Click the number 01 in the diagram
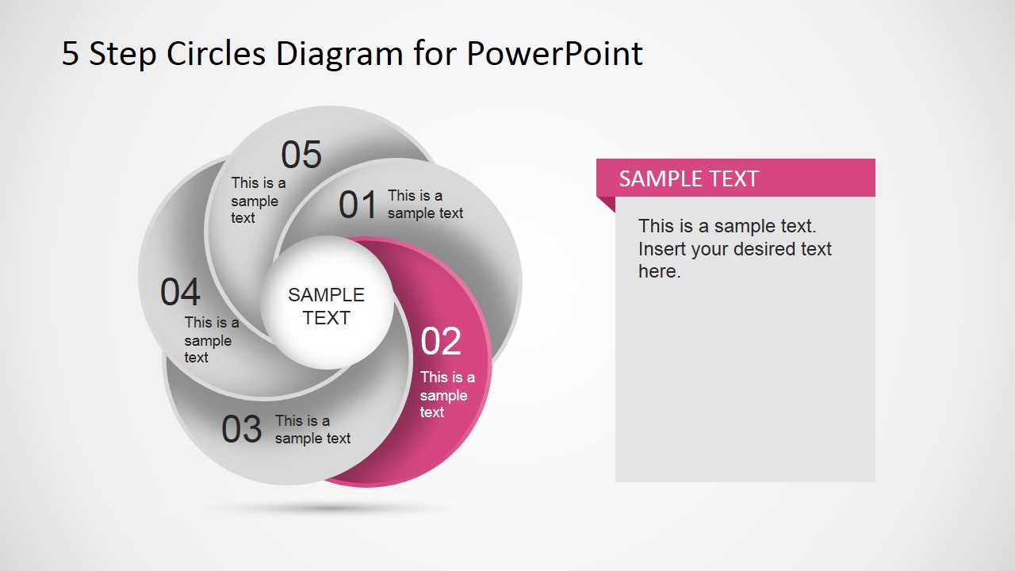358,205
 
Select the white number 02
441,341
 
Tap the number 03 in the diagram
242,429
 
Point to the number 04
180,292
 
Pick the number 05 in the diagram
301,155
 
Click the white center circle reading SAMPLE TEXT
327,302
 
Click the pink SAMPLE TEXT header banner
735,178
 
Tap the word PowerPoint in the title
554,53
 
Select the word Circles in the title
216,53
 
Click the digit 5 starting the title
71,54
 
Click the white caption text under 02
447,394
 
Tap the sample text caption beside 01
425,205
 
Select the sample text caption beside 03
312,430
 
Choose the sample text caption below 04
212,340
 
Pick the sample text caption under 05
259,201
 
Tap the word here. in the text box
659,271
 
